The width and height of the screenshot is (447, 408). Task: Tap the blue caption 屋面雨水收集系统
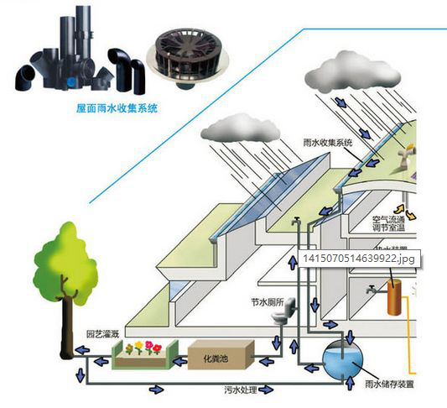pos(112,109)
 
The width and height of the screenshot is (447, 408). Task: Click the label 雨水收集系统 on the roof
pos(326,143)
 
